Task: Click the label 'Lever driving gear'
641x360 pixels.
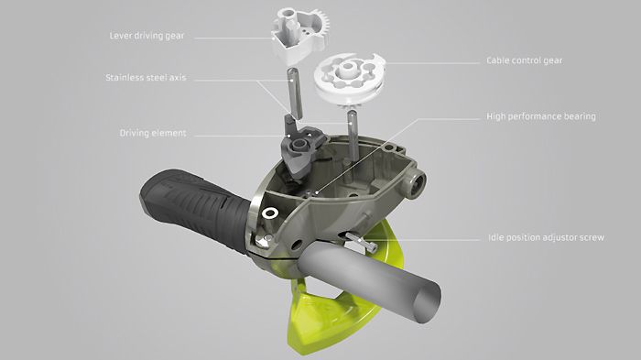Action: (147, 36)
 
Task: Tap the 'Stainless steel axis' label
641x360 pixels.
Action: (146, 77)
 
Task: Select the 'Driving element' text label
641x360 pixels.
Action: (153, 133)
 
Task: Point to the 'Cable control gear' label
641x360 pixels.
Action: (525, 60)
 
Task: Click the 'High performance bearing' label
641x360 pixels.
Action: (541, 116)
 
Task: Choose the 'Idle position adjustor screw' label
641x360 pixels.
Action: (546, 237)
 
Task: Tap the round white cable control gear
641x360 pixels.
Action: (349, 79)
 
